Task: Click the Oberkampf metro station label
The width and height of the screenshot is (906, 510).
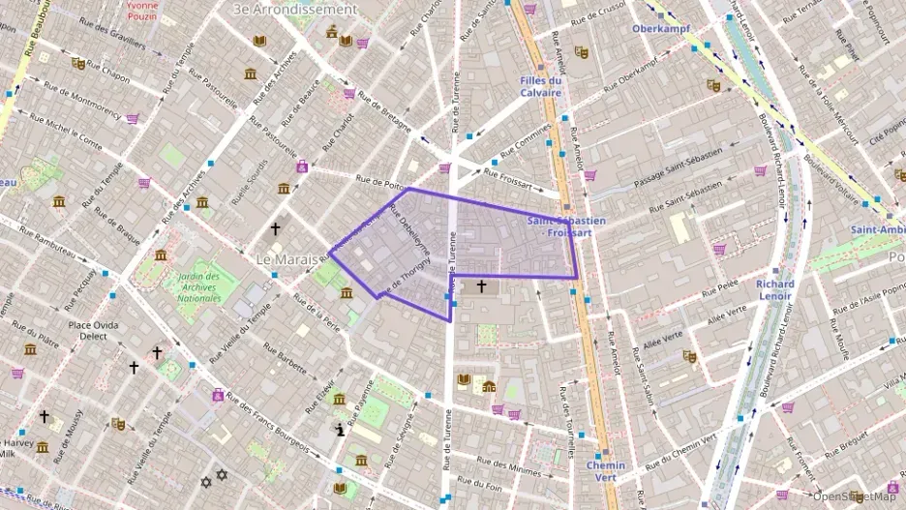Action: [x=659, y=28]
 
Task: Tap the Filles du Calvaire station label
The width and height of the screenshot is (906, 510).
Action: [x=540, y=86]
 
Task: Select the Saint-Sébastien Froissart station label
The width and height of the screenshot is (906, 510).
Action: [x=566, y=226]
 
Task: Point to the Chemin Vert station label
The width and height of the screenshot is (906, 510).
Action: [x=606, y=471]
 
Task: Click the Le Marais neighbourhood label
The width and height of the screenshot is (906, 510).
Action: [x=286, y=260]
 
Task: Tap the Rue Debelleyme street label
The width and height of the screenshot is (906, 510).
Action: [x=408, y=232]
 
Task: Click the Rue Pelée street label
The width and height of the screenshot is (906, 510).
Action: [x=720, y=287]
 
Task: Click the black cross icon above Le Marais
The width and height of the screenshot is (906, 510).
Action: [x=276, y=229]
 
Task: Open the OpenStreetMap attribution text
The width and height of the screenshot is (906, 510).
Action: [x=854, y=496]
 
